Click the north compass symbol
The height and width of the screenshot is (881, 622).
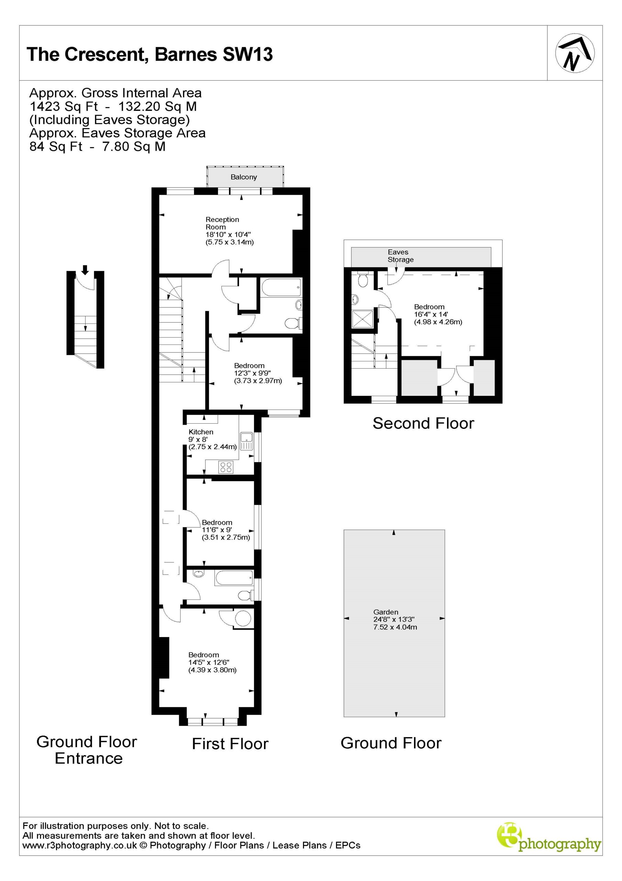[575, 53]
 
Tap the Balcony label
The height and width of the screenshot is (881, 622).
[243, 177]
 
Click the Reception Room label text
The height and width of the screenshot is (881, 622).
[222, 223]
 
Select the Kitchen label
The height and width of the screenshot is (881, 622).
[201, 432]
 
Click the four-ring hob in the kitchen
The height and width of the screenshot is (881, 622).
[226, 467]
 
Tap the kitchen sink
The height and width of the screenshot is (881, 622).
[246, 441]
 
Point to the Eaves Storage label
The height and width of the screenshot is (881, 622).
[400, 256]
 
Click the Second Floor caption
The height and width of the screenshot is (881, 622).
[423, 423]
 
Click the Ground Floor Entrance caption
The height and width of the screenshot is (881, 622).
[87, 750]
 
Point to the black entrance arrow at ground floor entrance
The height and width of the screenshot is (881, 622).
[85, 270]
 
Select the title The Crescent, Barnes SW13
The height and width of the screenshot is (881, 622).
[150, 54]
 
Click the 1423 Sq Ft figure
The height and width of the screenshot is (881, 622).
[64, 106]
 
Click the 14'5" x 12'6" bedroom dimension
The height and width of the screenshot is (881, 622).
[209, 662]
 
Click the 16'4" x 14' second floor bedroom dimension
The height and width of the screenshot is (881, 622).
[431, 314]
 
